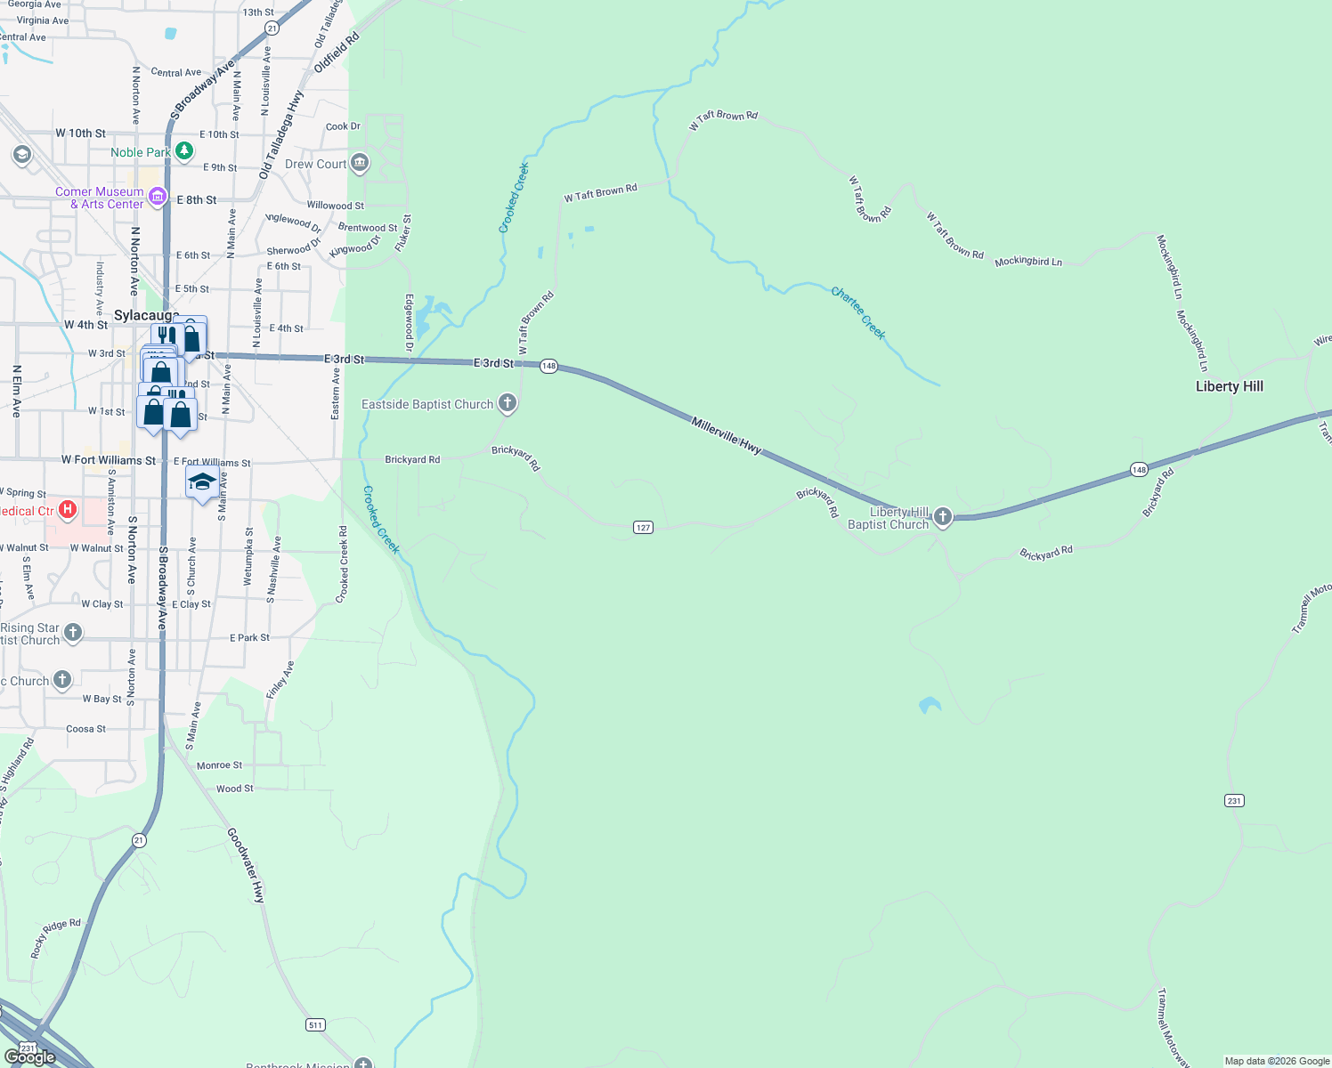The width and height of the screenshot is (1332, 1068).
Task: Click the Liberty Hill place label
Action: click(x=1229, y=386)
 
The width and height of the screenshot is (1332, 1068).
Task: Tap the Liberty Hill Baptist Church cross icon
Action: click(x=942, y=517)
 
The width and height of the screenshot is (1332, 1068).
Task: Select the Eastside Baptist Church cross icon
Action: click(x=508, y=404)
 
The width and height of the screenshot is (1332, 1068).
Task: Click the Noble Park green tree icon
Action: click(x=184, y=151)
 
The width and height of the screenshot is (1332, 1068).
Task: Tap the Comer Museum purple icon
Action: click(x=157, y=197)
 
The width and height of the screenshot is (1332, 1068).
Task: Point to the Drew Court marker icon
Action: click(x=360, y=163)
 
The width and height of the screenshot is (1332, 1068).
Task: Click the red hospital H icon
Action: click(x=68, y=510)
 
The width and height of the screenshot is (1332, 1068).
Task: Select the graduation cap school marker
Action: click(x=203, y=482)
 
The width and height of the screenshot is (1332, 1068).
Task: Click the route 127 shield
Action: click(x=644, y=528)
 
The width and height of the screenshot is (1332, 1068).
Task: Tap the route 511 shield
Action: click(x=315, y=1025)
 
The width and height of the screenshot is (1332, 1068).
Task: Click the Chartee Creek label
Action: click(x=858, y=312)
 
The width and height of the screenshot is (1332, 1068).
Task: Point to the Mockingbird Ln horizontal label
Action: click(x=1028, y=262)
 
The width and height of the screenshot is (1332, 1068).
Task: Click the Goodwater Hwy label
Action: click(x=247, y=865)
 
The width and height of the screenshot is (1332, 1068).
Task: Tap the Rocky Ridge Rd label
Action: click(x=55, y=938)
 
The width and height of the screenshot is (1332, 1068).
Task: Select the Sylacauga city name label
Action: click(x=145, y=316)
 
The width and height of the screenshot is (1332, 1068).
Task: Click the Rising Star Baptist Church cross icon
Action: click(x=73, y=633)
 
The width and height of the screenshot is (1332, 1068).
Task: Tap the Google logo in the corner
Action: click(x=30, y=1057)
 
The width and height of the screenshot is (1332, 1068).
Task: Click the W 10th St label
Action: click(x=80, y=133)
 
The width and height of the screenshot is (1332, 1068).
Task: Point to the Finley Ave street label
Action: click(x=280, y=680)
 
